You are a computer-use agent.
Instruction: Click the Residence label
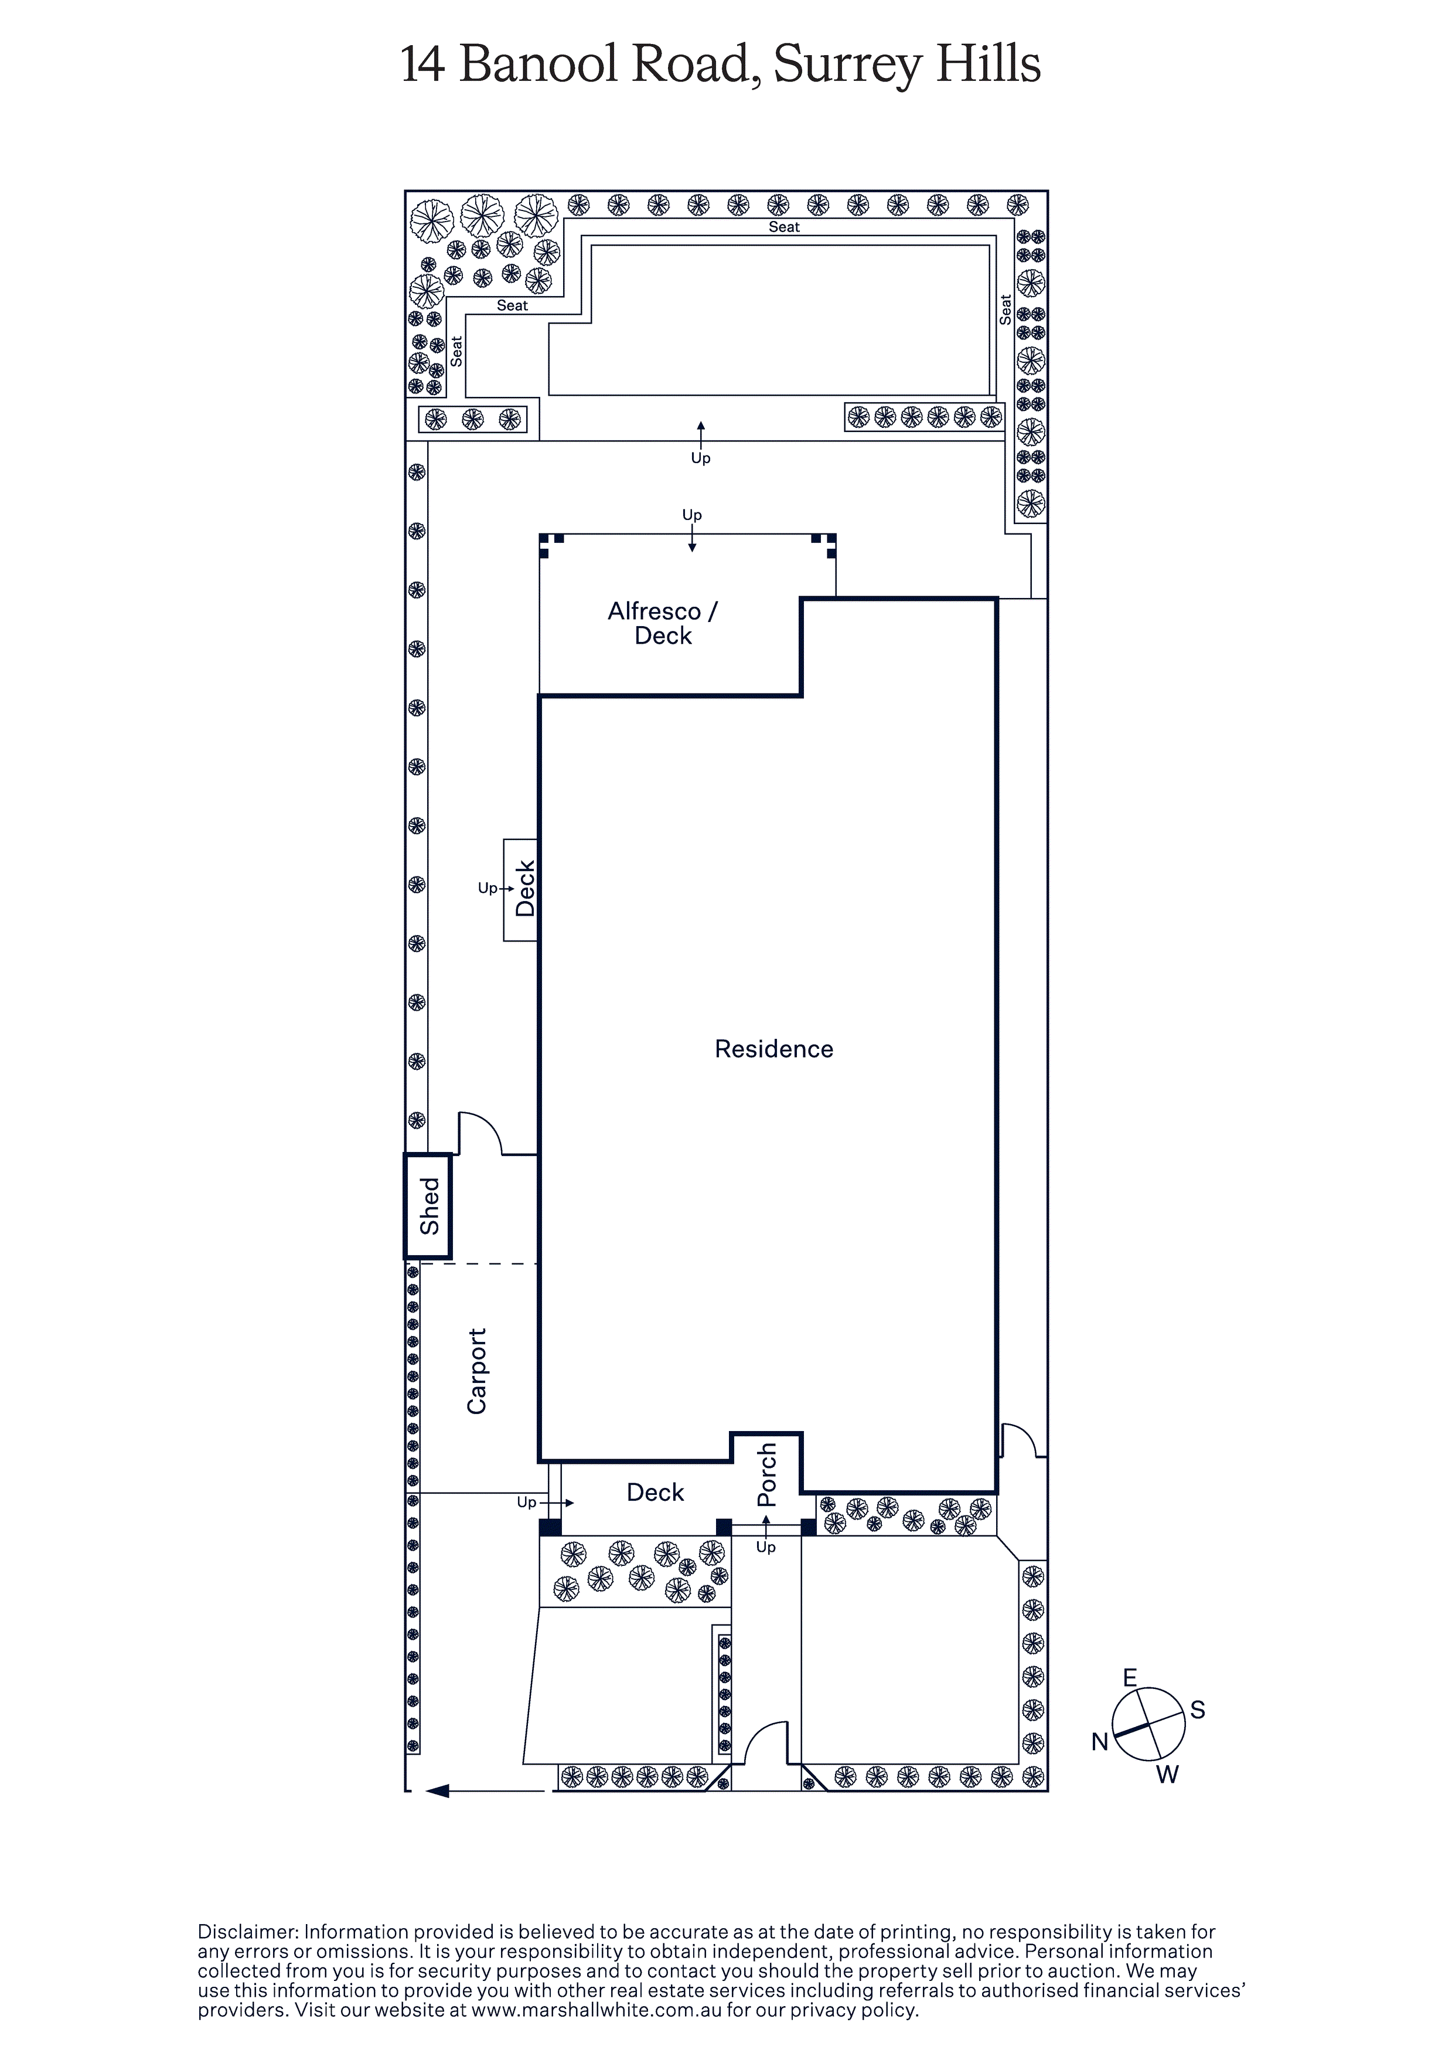click(x=773, y=1049)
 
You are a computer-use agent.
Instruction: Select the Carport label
click(x=476, y=1371)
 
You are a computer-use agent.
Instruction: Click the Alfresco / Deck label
click(x=663, y=623)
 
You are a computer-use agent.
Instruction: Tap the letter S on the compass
click(x=1198, y=1710)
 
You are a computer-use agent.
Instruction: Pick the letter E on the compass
click(x=1130, y=1677)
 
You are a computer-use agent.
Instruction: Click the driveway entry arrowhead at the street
click(x=437, y=1809)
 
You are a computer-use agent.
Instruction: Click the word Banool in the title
click(x=538, y=64)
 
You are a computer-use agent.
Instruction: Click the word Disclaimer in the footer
click(x=247, y=1932)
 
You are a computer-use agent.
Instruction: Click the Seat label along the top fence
click(x=784, y=227)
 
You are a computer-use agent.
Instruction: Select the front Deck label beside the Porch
click(x=655, y=1492)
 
